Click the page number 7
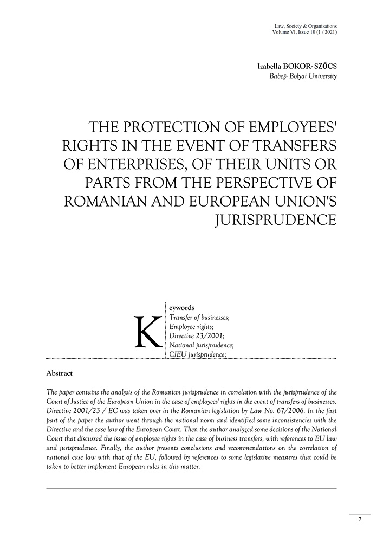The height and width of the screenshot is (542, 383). [360, 519]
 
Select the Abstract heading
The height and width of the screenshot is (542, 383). [60, 373]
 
